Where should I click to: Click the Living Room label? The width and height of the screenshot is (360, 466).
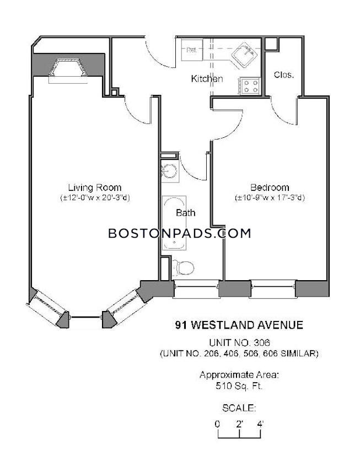[x=95, y=187]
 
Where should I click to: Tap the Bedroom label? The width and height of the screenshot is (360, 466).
[x=270, y=188]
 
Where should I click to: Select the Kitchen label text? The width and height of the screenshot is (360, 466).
[x=207, y=79]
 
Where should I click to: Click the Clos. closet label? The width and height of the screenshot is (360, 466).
[x=283, y=74]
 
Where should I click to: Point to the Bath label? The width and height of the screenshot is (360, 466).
[x=185, y=212]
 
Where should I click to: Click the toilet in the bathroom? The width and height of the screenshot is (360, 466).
[x=182, y=268]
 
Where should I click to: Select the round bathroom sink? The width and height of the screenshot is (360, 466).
[x=168, y=171]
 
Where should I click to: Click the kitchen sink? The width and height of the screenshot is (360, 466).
[x=244, y=55]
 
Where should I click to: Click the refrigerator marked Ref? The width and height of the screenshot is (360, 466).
[x=191, y=50]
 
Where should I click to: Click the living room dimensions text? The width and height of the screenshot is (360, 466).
[x=95, y=197]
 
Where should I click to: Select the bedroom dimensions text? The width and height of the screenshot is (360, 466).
[x=270, y=197]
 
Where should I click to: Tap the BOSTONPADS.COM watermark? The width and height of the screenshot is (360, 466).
[x=180, y=233]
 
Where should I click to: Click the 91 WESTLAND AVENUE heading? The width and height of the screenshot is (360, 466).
[x=239, y=325]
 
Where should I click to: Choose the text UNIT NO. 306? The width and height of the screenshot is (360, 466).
[x=239, y=342]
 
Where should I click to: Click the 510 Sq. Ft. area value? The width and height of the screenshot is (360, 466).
[x=239, y=386]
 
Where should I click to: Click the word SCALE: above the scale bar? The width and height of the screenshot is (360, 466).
[x=239, y=409]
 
